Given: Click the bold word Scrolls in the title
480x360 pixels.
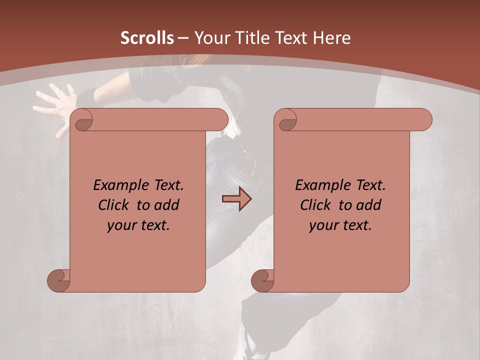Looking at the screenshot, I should point(147,38).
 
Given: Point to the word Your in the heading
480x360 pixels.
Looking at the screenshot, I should point(210,38).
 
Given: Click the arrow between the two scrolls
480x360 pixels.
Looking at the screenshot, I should point(236,199).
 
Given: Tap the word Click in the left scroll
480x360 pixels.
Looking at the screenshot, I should point(113,205).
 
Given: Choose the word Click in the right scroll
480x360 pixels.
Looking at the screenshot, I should point(315,205).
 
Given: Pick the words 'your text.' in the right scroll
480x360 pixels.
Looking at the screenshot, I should point(340,225).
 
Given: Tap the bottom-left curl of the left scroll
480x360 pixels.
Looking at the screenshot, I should point(59,280).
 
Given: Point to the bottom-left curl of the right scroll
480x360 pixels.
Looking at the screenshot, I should point(263,280).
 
